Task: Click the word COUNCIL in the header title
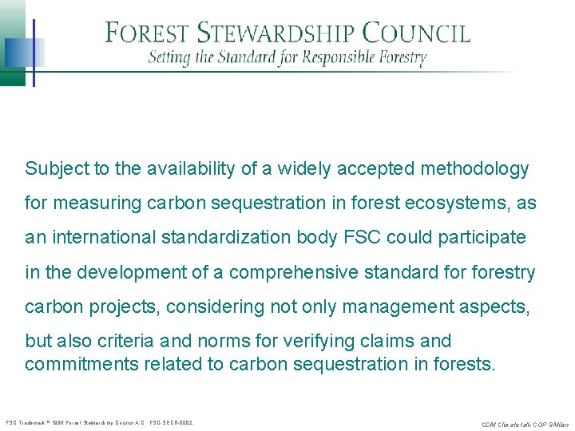[416, 34]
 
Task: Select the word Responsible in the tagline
[335, 58]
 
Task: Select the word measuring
[95, 204]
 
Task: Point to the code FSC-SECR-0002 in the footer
[171, 422]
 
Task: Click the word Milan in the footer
[558, 423]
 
